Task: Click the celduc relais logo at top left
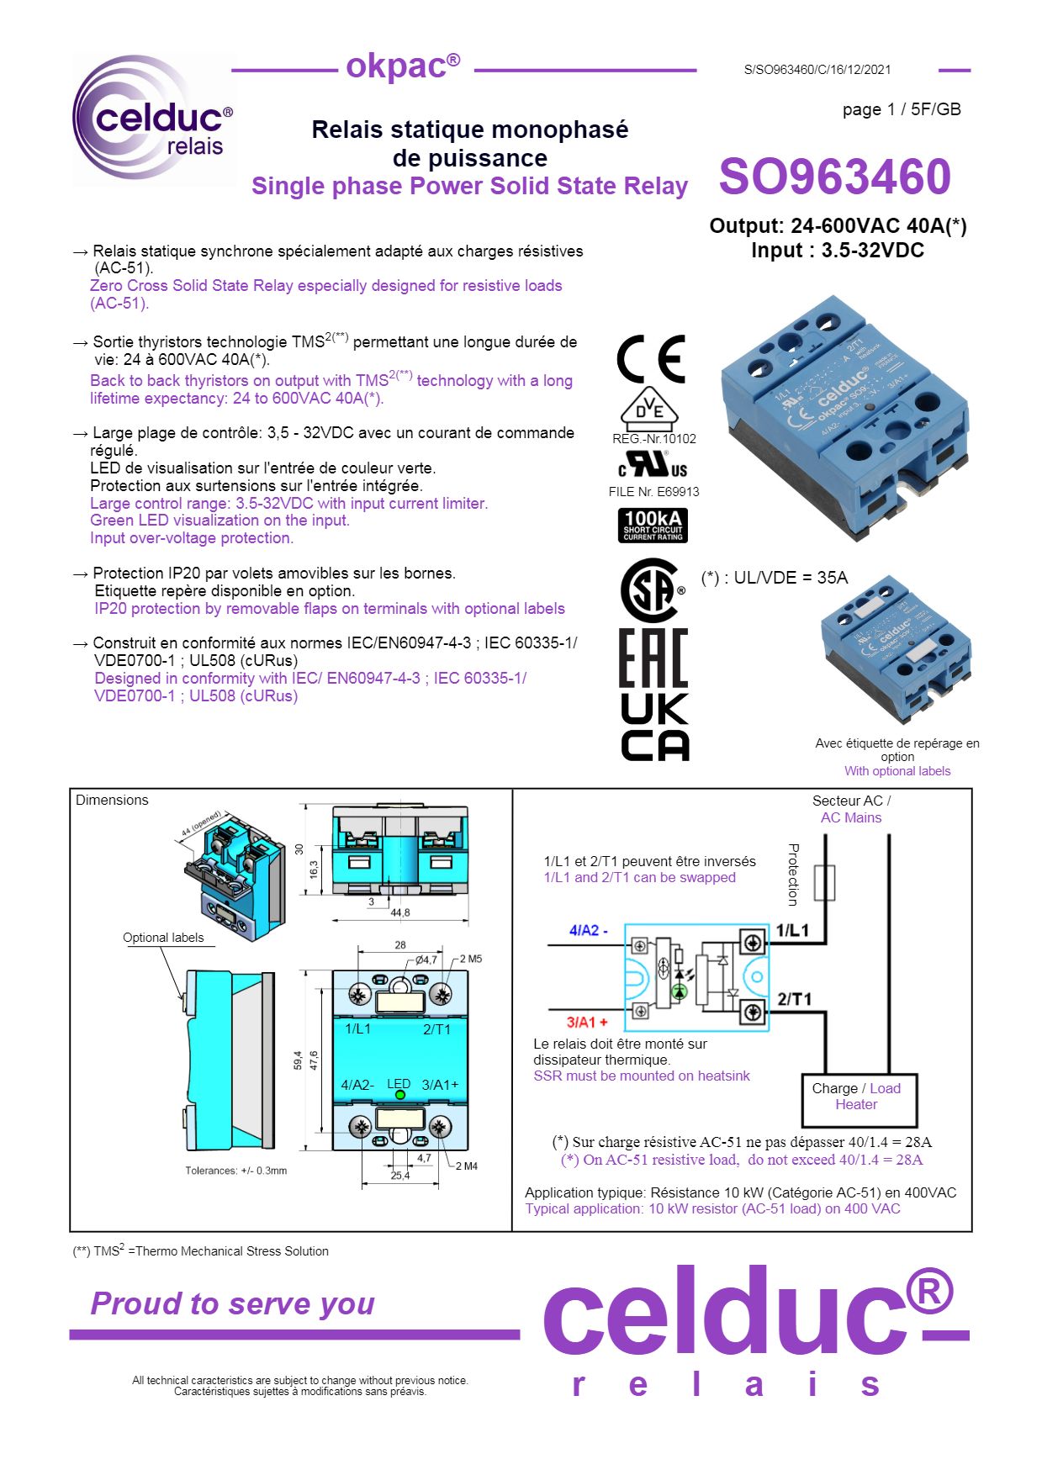pos(154,120)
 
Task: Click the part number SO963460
pos(833,177)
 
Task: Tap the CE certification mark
pos(650,360)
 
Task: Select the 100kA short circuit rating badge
pos(653,525)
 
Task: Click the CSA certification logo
pos(649,590)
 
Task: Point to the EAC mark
pos(653,658)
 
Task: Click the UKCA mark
pos(654,727)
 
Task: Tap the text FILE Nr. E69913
pos(653,492)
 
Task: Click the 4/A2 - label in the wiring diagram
pos(588,930)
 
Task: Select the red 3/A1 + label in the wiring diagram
pos(586,1022)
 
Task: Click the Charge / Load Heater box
pos(858,1100)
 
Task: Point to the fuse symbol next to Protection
pos(825,882)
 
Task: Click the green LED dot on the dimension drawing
pos(400,1095)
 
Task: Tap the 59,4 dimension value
pos(298,1060)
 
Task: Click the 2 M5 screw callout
pos(471,959)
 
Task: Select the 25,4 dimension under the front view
pos(400,1175)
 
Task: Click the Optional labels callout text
pos(163,938)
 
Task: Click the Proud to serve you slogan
pos(232,1303)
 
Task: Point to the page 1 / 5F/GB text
pos(901,109)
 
